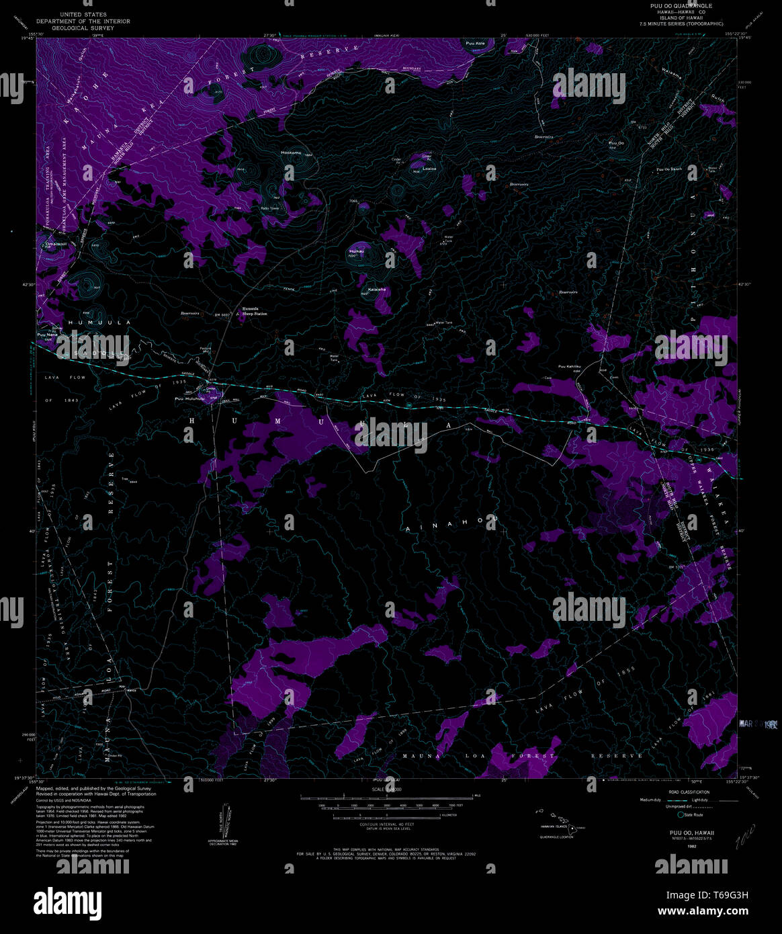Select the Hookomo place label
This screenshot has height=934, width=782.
coord(291,153)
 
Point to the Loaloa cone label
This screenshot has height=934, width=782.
coord(429,169)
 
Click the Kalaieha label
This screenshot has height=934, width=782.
coord(377,290)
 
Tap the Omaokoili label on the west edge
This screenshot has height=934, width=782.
coord(54,244)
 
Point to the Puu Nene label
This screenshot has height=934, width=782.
coord(48,334)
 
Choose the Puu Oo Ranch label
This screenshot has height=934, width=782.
coord(669,169)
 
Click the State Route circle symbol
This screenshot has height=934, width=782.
coord(682,814)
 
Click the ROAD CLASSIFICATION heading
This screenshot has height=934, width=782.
coord(688,792)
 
